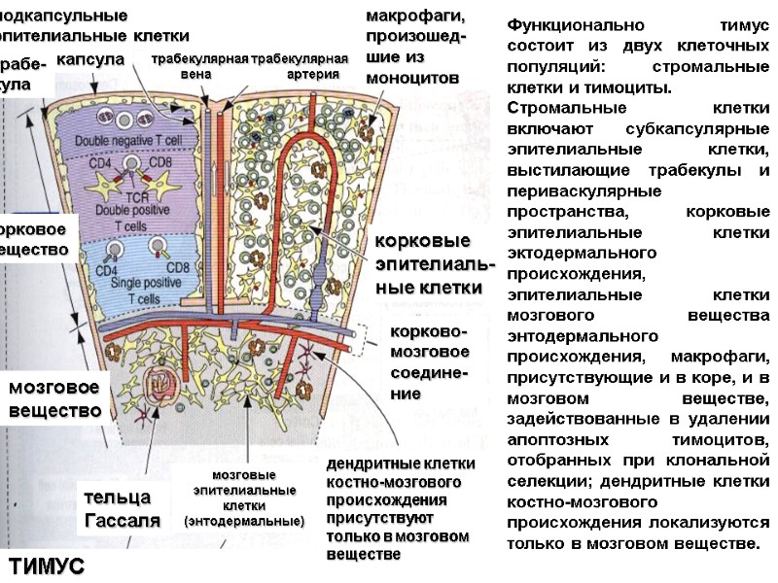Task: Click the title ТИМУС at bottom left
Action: [x=47, y=566]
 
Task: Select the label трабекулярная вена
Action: [x=200, y=67]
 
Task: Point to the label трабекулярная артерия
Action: [x=300, y=67]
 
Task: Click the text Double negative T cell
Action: [x=126, y=142]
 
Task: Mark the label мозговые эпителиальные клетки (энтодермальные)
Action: [x=244, y=497]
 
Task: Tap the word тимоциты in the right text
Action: [x=633, y=87]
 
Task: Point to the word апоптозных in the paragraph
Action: [x=552, y=439]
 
